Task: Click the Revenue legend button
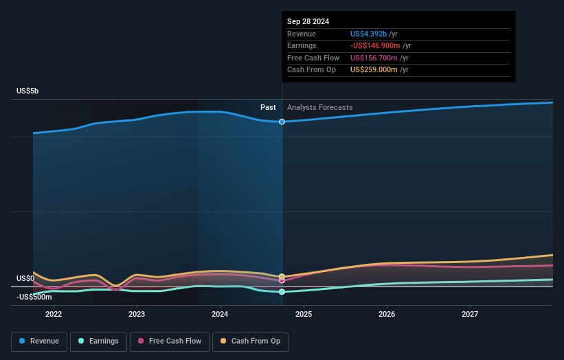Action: click(x=39, y=341)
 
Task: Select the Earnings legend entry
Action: click(x=98, y=341)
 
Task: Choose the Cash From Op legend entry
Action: click(x=251, y=341)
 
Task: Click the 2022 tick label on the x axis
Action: click(x=54, y=314)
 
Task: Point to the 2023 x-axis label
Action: click(x=137, y=314)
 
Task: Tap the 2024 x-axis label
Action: click(x=220, y=314)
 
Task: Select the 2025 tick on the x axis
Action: click(x=304, y=314)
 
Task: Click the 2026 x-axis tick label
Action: click(x=387, y=314)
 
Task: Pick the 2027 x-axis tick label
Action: click(x=470, y=314)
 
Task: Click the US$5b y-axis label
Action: click(x=28, y=91)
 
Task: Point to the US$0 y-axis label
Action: click(x=25, y=278)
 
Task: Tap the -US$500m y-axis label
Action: click(x=34, y=297)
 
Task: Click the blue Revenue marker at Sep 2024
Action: click(x=282, y=122)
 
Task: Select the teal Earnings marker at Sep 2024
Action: click(x=282, y=292)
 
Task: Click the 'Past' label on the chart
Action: click(x=268, y=107)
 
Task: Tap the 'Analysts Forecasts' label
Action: click(x=319, y=107)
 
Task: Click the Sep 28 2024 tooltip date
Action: click(x=308, y=21)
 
